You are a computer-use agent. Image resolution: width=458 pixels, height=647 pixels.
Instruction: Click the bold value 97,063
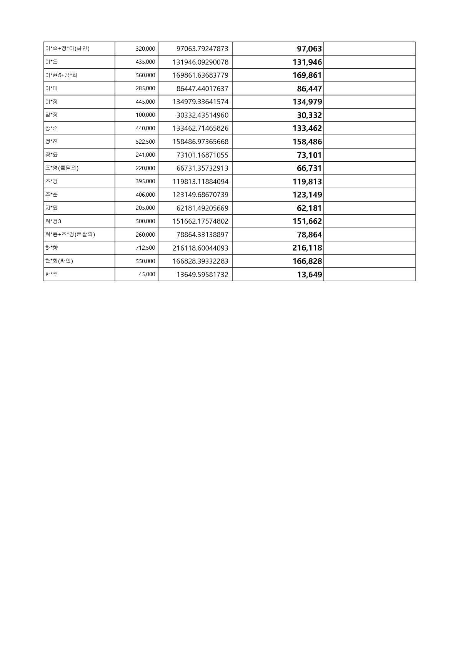point(309,49)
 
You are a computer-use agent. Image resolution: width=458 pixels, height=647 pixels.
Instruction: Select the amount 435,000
point(145,62)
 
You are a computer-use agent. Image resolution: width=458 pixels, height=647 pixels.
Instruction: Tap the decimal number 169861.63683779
point(200,75)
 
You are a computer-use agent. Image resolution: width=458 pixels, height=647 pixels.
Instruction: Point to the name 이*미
point(52,88)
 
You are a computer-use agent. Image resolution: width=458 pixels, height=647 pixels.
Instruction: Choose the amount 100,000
point(145,115)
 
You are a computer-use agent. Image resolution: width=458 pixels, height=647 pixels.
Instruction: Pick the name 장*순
point(52,128)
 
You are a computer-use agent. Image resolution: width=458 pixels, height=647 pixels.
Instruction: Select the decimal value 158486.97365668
point(200,142)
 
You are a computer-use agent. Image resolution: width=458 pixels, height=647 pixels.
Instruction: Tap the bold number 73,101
point(309,155)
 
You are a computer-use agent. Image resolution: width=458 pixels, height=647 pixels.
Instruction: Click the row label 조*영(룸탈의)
point(62,168)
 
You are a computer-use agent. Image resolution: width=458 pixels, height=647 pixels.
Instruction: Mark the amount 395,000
point(145,181)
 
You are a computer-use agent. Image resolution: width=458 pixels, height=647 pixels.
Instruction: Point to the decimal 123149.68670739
point(200,195)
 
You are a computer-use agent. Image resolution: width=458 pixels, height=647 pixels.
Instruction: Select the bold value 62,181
point(309,208)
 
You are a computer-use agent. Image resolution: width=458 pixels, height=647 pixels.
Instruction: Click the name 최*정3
point(53,221)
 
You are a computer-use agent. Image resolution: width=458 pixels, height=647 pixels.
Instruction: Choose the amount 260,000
point(145,235)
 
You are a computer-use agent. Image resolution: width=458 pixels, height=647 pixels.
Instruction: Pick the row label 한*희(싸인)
point(59,261)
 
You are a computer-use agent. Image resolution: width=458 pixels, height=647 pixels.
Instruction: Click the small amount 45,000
point(147,274)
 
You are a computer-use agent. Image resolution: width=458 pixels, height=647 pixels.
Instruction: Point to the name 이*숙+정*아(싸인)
point(67,49)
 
